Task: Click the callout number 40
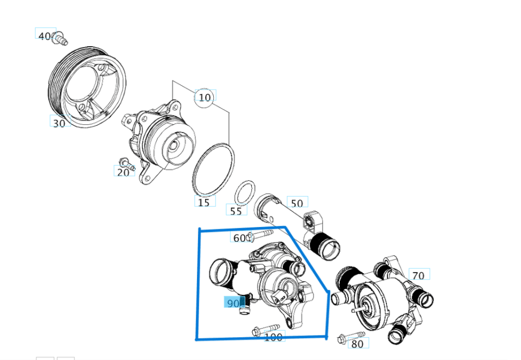coord(45,36)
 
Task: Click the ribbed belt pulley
coord(86,90)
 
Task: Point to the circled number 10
coord(205,98)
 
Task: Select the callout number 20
coord(123,172)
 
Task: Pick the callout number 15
coord(204,203)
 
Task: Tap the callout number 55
coord(236,211)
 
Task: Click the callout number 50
coord(297,204)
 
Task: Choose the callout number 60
coord(239,238)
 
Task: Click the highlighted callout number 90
coord(233,303)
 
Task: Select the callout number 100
coord(274,337)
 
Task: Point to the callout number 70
coord(418,276)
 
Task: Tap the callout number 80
coord(357,344)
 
